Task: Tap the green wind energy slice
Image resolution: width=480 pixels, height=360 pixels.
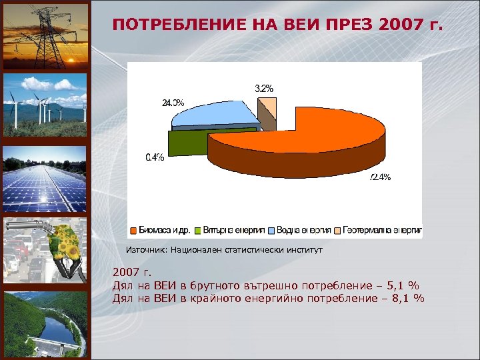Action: pyautogui.click(x=187, y=141)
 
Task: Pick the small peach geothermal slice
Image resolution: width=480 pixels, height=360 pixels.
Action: pyautogui.click(x=267, y=107)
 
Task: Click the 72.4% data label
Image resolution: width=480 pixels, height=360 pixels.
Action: pyautogui.click(x=380, y=177)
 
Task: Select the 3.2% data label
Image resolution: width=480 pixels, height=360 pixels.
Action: pyautogui.click(x=264, y=88)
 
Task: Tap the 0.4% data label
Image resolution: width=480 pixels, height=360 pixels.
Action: pyautogui.click(x=155, y=157)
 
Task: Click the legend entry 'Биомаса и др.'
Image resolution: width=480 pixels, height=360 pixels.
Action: pyautogui.click(x=163, y=230)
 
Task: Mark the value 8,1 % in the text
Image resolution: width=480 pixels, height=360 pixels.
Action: pyautogui.click(x=406, y=298)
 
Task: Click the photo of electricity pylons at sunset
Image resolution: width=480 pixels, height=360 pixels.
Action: pyautogui.click(x=45, y=35)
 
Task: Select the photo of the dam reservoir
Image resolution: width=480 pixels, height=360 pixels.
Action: pyautogui.click(x=45, y=323)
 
